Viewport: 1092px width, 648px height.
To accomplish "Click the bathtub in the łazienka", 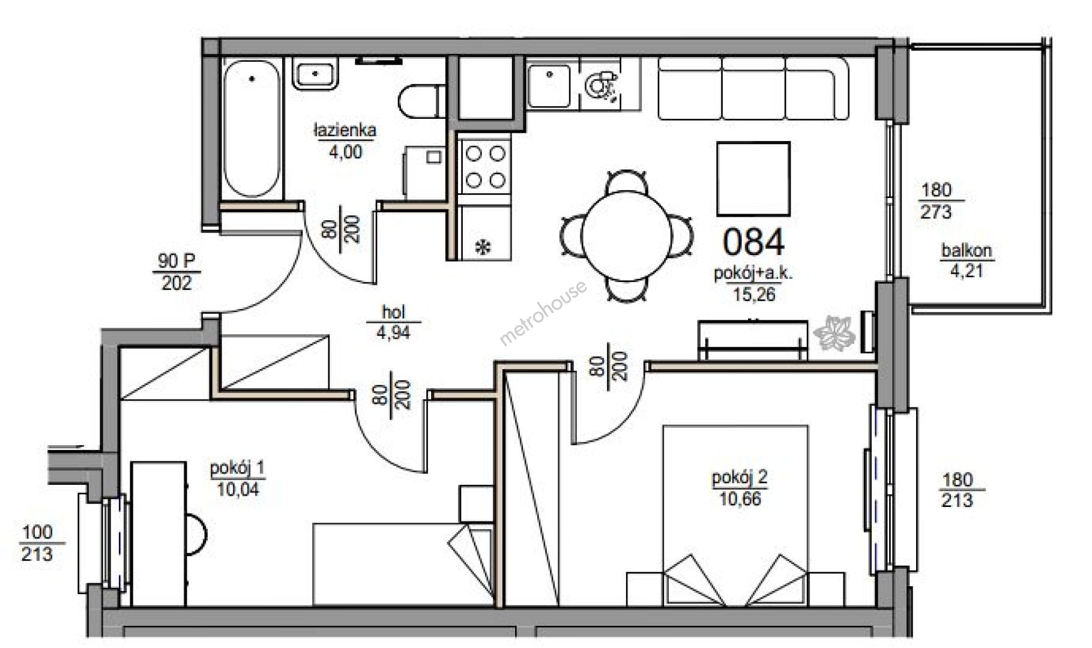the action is pyautogui.click(x=252, y=128).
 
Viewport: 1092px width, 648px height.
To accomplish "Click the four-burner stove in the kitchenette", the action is pyautogui.click(x=485, y=166).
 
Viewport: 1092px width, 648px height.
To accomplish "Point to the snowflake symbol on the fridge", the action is pyautogui.click(x=483, y=246).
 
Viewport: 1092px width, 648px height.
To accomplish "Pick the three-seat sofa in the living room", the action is pyautogui.click(x=753, y=88).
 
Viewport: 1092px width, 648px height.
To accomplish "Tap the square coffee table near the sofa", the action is pyautogui.click(x=753, y=178).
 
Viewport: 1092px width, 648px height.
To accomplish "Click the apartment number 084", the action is pyautogui.click(x=753, y=242).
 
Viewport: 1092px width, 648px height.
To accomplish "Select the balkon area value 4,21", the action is pyautogui.click(x=966, y=271).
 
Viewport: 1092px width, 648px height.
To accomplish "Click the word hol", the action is pyautogui.click(x=394, y=311).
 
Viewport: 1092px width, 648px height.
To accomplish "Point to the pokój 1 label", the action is pyautogui.click(x=237, y=468).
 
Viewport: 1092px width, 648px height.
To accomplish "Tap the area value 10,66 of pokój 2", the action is pyautogui.click(x=740, y=499).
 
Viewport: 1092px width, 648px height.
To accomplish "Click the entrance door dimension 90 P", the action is pyautogui.click(x=176, y=261).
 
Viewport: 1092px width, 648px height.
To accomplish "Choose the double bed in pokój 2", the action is pyautogui.click(x=735, y=516).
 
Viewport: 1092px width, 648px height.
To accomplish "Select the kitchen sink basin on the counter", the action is pyautogui.click(x=549, y=86).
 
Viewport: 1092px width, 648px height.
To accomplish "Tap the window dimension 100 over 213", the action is pyautogui.click(x=37, y=543).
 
